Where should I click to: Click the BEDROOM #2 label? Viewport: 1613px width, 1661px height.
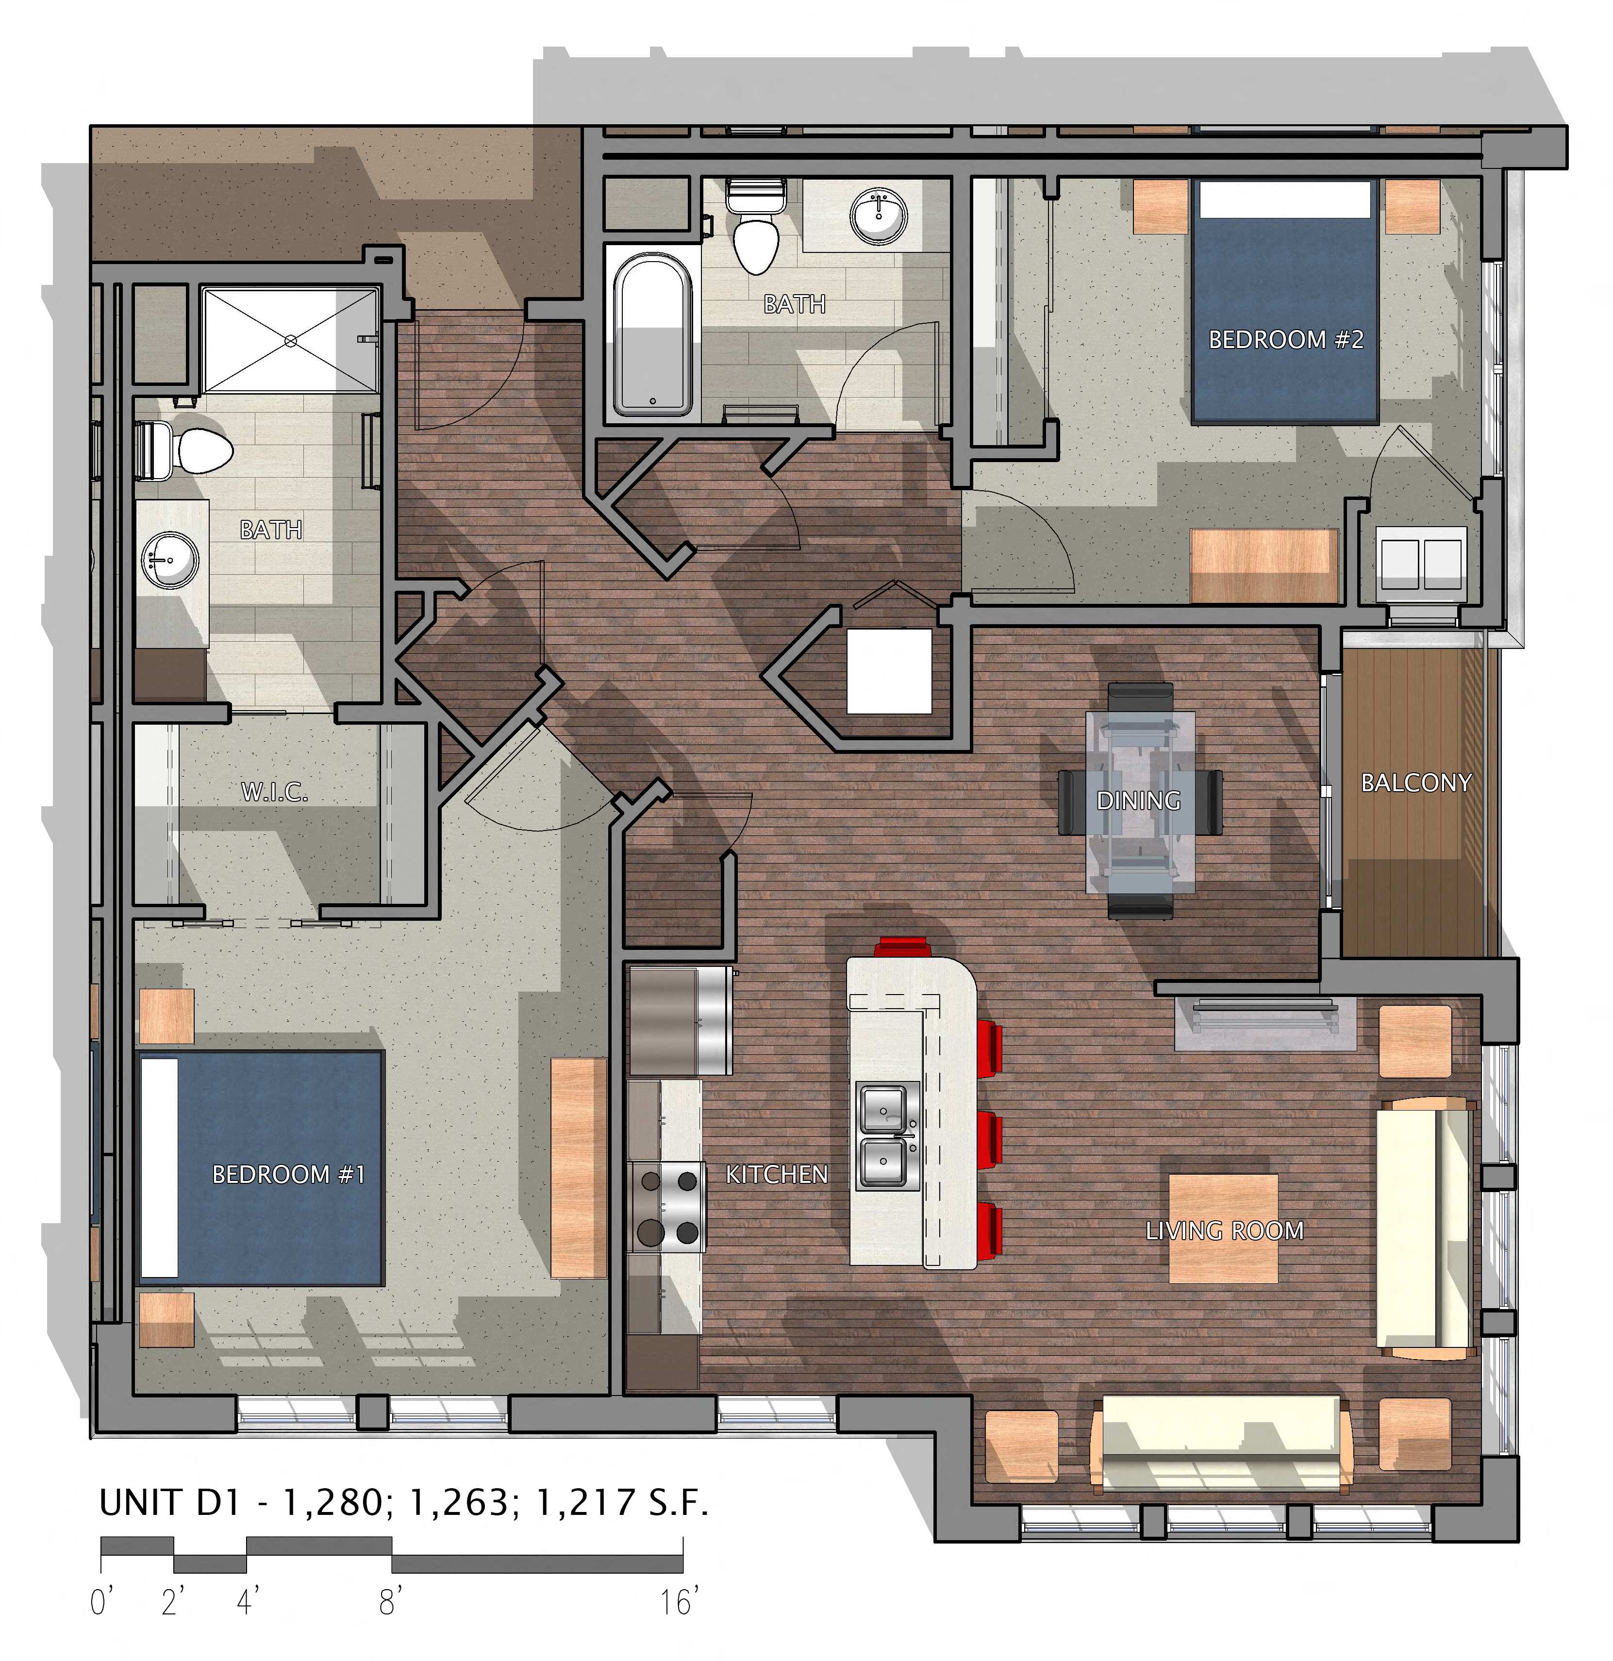(x=1285, y=340)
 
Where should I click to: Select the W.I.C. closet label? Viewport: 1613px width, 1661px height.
(x=274, y=792)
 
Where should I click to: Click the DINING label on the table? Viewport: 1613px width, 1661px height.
(x=1138, y=800)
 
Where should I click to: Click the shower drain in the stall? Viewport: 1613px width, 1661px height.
(x=291, y=341)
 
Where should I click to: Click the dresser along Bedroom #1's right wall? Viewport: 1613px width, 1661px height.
(x=579, y=1168)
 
